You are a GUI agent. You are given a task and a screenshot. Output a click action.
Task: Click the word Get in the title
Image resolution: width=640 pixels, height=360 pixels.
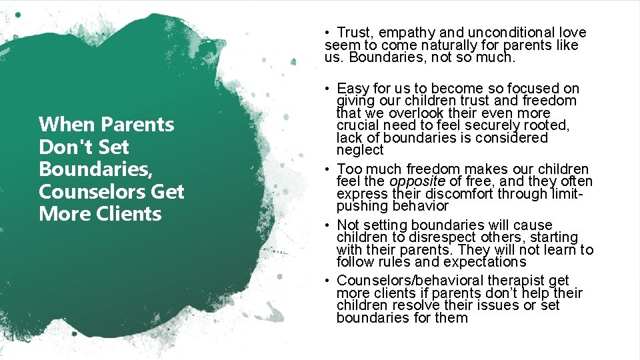(x=167, y=192)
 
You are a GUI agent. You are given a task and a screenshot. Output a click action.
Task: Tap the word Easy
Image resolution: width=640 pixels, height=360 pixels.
(x=353, y=89)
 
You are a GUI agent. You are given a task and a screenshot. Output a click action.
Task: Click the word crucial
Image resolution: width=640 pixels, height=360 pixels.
(x=359, y=126)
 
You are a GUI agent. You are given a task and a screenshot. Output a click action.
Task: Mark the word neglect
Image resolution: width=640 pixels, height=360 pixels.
(x=360, y=151)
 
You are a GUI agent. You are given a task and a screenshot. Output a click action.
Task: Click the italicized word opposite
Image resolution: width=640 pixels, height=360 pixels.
(x=417, y=181)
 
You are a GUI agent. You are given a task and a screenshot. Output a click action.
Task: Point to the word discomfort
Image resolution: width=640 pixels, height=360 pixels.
(x=439, y=194)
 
